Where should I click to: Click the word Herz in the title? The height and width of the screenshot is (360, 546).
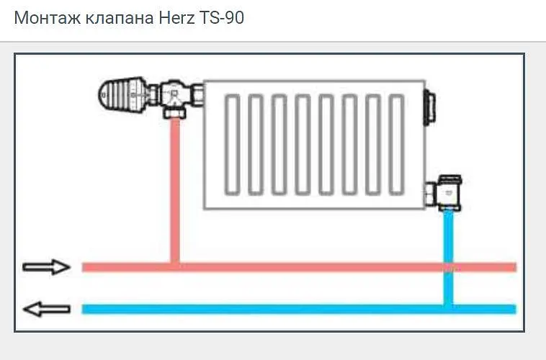[176, 18]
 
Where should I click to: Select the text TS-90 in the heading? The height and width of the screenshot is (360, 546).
[222, 18]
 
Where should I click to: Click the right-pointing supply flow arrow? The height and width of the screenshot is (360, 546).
[46, 267]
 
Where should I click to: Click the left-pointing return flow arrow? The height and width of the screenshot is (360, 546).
[46, 309]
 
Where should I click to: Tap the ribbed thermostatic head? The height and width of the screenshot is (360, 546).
[124, 95]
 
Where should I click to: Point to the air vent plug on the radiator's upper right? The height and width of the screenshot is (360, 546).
[429, 107]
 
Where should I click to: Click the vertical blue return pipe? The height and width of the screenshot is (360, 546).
[448, 258]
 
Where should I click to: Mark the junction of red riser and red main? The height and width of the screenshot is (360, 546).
[175, 267]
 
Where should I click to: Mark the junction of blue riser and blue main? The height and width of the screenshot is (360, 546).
[448, 309]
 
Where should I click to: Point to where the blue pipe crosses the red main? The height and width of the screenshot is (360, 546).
[448, 267]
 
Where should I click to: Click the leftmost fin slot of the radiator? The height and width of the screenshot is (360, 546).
[232, 145]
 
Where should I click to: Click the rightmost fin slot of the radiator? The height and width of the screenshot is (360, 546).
[396, 145]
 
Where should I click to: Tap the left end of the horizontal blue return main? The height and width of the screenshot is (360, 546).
[83, 309]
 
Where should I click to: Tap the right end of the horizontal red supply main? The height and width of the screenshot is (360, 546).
[516, 267]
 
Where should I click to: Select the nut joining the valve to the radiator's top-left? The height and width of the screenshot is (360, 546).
[197, 95]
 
